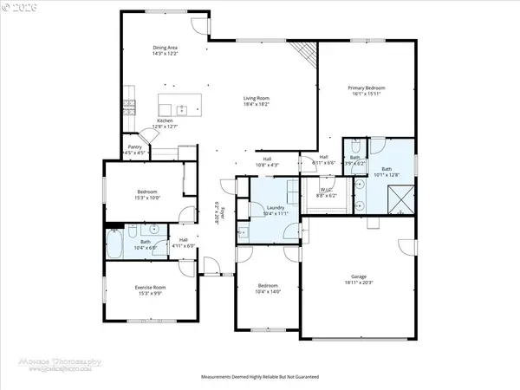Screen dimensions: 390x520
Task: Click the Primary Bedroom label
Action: click(367, 88)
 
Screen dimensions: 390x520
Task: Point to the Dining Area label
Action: click(166, 48)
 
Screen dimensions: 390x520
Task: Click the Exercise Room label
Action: click(150, 287)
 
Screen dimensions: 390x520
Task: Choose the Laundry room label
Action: click(276, 208)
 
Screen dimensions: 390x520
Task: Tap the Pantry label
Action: click(134, 147)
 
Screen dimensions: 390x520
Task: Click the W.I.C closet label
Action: click(326, 190)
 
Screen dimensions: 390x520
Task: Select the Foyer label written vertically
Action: click(220, 213)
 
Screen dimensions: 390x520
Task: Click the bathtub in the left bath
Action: click(115, 243)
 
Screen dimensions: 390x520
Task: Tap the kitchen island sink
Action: click(183, 109)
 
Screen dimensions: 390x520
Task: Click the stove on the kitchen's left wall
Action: click(128, 108)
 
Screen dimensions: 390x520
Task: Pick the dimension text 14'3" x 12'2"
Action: click(166, 54)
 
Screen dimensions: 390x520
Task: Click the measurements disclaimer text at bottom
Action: click(260, 378)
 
